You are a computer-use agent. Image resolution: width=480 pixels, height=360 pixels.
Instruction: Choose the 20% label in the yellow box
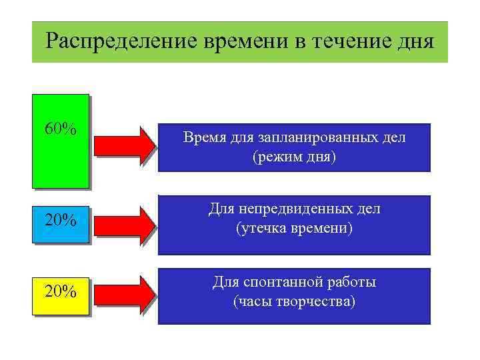[x=60, y=291]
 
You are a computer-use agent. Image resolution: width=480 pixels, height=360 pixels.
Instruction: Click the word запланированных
[x=306, y=138]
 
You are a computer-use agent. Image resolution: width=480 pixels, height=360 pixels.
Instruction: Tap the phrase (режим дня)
[x=294, y=157]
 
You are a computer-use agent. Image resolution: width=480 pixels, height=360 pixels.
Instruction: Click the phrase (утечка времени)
[x=294, y=229]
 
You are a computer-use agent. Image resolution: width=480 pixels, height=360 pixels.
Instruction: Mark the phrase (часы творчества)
[x=294, y=301]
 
